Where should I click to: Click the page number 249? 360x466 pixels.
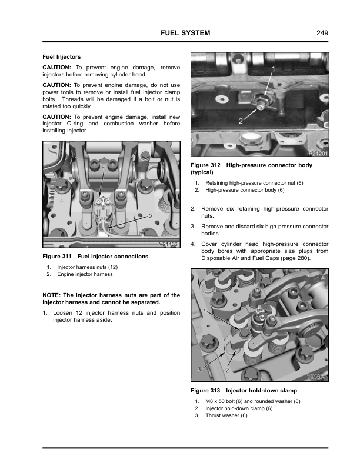(x=322, y=33)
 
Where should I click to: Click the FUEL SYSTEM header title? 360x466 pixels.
(x=185, y=33)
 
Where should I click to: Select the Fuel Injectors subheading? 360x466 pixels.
(x=61, y=56)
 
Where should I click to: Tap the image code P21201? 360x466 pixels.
(x=318, y=154)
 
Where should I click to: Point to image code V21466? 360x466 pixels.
(x=169, y=244)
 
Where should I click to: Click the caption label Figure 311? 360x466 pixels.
(x=57, y=257)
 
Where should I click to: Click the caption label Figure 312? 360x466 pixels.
(x=205, y=165)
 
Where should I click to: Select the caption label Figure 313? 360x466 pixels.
(x=205, y=390)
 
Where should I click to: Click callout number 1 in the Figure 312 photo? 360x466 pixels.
(x=273, y=70)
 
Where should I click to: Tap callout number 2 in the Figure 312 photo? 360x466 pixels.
(x=241, y=121)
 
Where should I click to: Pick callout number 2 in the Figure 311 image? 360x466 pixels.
(x=151, y=216)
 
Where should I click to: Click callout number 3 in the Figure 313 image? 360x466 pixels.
(x=199, y=368)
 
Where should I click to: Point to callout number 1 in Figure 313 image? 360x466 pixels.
(x=204, y=310)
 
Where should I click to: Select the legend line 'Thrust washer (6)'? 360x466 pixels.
(x=226, y=415)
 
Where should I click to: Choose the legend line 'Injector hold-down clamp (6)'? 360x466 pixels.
(x=238, y=408)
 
